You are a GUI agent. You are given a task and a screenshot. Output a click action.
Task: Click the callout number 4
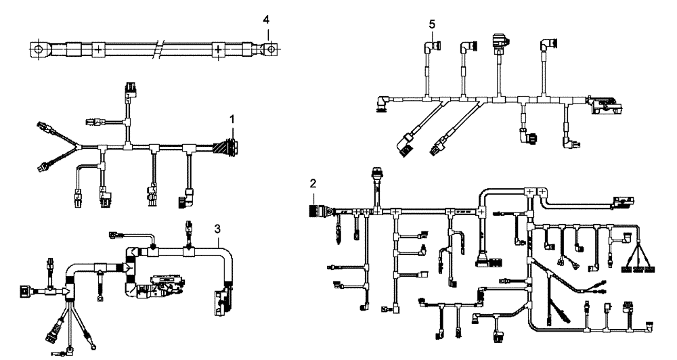[267, 20]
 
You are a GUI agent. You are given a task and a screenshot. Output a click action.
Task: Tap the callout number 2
[313, 183]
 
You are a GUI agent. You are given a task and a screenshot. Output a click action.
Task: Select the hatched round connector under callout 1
[225, 146]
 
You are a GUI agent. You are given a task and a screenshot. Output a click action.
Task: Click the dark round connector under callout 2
[315, 211]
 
